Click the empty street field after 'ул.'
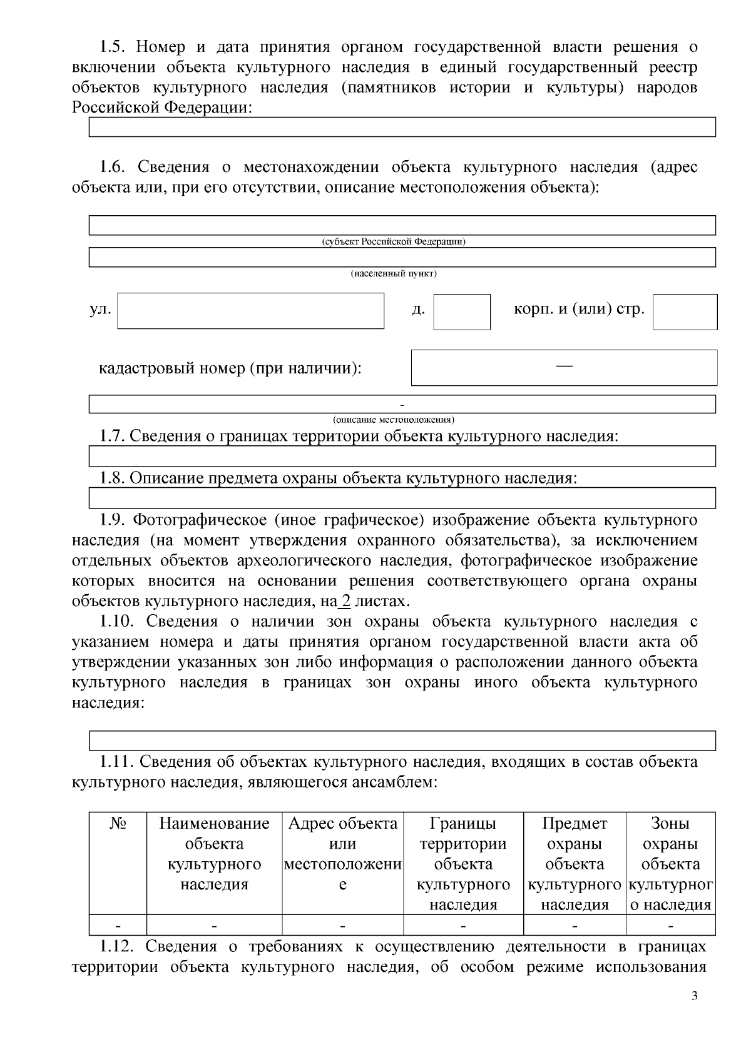(250, 311)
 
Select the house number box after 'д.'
(462, 312)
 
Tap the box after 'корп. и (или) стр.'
(685, 312)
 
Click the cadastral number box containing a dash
(564, 368)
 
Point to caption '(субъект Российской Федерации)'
(394, 242)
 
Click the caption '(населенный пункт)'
(394, 274)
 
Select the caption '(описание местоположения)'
(394, 419)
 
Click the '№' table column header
(118, 824)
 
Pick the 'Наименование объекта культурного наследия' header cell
(214, 854)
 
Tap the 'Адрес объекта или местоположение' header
(342, 854)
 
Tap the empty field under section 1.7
(402, 457)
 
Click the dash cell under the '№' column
(118, 925)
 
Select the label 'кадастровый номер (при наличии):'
(230, 368)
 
